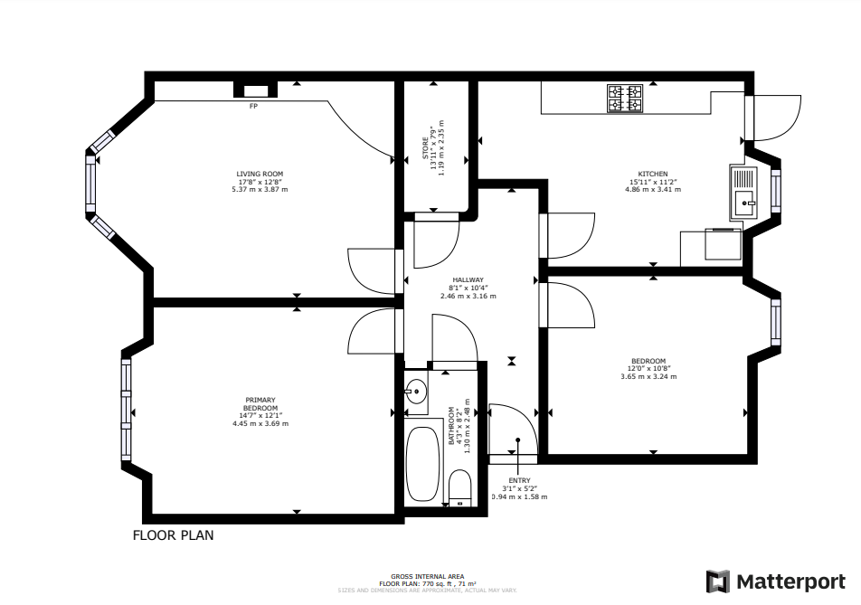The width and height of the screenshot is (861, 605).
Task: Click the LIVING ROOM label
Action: [260, 174]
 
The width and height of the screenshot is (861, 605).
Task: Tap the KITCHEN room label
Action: [653, 174]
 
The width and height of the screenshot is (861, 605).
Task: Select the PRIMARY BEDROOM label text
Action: [260, 403]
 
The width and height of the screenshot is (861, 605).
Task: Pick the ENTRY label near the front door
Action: [519, 480]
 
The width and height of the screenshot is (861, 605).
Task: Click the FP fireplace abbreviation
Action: [253, 106]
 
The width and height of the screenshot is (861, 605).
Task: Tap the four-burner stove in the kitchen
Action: [625, 99]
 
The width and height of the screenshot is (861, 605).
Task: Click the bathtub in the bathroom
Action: [422, 462]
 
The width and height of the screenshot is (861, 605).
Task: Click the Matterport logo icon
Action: [718, 581]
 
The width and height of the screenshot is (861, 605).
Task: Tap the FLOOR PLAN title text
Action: [174, 535]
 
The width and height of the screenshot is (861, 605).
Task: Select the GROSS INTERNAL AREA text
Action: [428, 576]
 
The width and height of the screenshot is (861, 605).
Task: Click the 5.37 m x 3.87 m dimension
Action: [260, 189]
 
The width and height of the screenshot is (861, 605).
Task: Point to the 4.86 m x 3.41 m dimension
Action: [653, 190]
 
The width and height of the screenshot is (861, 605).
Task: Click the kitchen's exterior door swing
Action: [776, 118]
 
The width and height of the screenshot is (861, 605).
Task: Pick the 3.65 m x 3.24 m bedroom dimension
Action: [648, 376]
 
